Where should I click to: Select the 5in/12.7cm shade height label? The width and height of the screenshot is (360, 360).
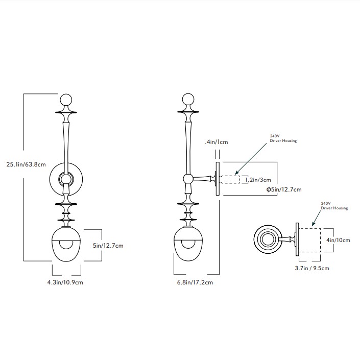109,246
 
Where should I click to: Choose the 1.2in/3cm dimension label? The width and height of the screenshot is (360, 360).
258,179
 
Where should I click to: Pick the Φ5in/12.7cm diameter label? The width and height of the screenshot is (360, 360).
284,190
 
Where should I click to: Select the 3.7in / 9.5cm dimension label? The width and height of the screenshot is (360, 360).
313,268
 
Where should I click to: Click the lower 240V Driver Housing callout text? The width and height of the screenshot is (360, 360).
334,206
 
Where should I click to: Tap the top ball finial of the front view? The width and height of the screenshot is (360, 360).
66,100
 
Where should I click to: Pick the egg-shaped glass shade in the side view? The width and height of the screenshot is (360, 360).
187,244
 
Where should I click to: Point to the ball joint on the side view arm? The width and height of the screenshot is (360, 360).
188,179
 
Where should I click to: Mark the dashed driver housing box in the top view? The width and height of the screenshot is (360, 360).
308,240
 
